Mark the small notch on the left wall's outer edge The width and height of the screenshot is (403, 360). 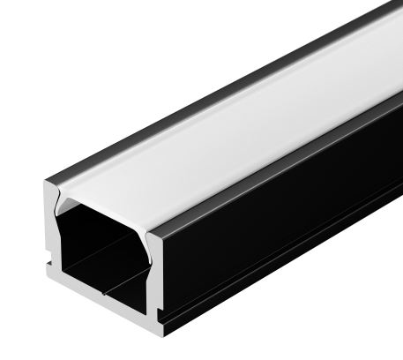coord(47,265)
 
